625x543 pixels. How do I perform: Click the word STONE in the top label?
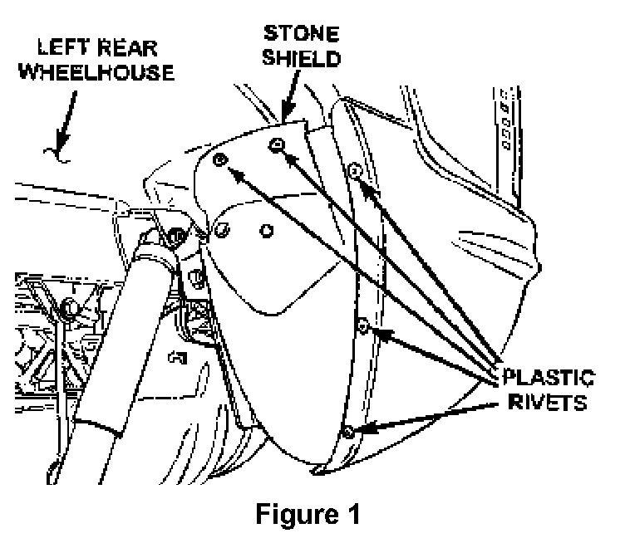point(302,33)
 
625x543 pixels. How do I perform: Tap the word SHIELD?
point(302,58)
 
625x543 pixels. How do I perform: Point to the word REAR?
point(127,48)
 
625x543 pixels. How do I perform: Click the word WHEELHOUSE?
point(96,72)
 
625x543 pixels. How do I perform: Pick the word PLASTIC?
point(549,378)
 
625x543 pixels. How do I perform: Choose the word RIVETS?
point(548,402)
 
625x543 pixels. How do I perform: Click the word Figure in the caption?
point(297,514)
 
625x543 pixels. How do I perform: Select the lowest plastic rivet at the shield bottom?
point(348,432)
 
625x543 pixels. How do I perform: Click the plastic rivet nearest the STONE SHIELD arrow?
point(277,145)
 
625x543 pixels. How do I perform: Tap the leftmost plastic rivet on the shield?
point(219,160)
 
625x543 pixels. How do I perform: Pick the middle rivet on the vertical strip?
point(362,326)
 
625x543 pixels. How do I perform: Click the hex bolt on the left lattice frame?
point(70,306)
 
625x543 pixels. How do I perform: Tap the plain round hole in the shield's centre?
point(266,231)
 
